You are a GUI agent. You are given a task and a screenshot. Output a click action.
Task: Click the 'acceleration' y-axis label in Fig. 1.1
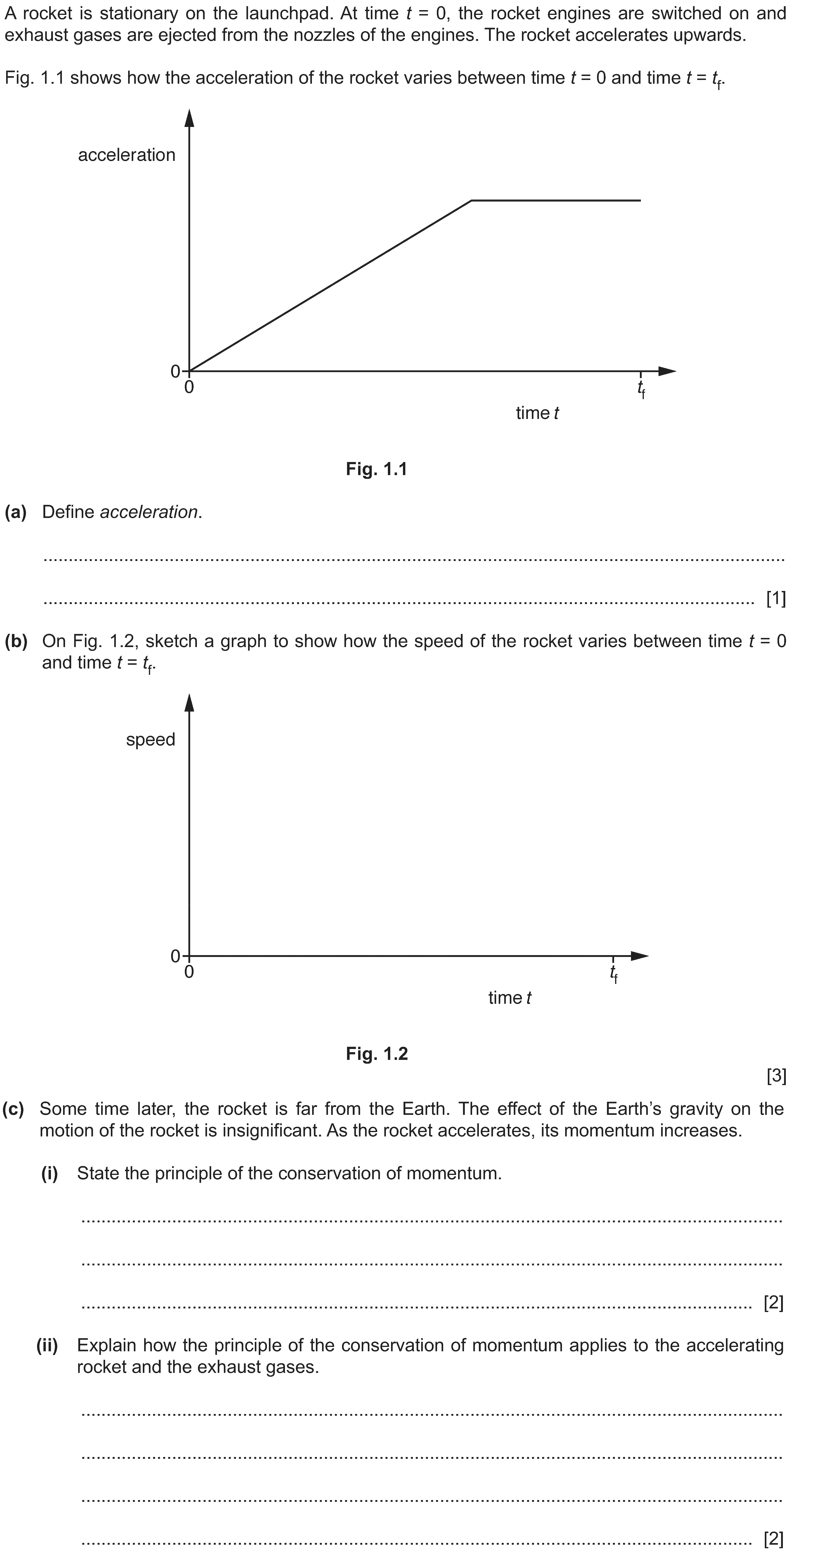127,155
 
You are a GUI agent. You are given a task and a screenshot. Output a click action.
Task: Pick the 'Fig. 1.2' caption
377,1053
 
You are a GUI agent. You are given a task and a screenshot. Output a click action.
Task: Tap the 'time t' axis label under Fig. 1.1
537,414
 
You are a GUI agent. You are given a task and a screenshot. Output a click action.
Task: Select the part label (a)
16,512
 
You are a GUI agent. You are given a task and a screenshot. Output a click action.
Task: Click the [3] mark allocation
776,1076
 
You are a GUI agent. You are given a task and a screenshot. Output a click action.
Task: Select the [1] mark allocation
776,599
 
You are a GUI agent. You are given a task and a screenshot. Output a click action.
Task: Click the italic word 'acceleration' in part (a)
149,512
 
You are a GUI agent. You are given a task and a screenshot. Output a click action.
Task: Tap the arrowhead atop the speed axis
190,703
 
